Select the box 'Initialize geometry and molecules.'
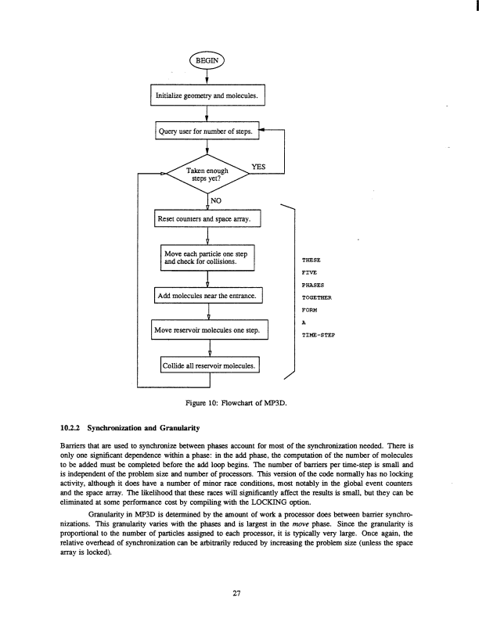207,96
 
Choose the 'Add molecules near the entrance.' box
209,297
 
